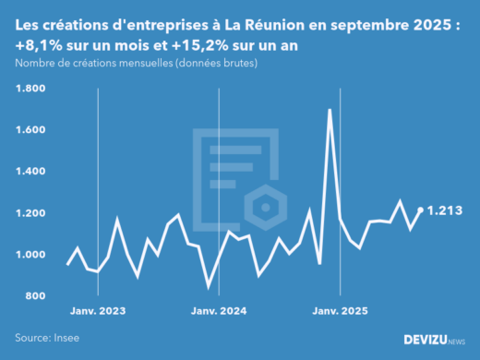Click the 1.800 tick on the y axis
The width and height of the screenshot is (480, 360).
coord(30,89)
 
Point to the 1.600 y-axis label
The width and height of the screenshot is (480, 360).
coord(30,130)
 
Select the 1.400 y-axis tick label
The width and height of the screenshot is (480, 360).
coord(30,172)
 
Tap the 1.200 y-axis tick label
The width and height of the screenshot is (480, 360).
coord(30,213)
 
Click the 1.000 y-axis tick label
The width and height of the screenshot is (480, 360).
coord(30,255)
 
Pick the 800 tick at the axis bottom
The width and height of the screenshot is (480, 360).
coord(35,296)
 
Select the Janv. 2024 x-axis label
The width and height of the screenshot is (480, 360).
coord(219,312)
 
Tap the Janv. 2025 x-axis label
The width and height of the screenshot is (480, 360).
coord(342,312)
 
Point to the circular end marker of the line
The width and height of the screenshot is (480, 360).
coord(421,210)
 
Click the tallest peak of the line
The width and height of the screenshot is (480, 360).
coord(330,110)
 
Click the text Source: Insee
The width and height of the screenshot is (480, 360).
coord(47,338)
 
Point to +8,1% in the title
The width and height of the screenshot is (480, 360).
coord(35,43)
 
